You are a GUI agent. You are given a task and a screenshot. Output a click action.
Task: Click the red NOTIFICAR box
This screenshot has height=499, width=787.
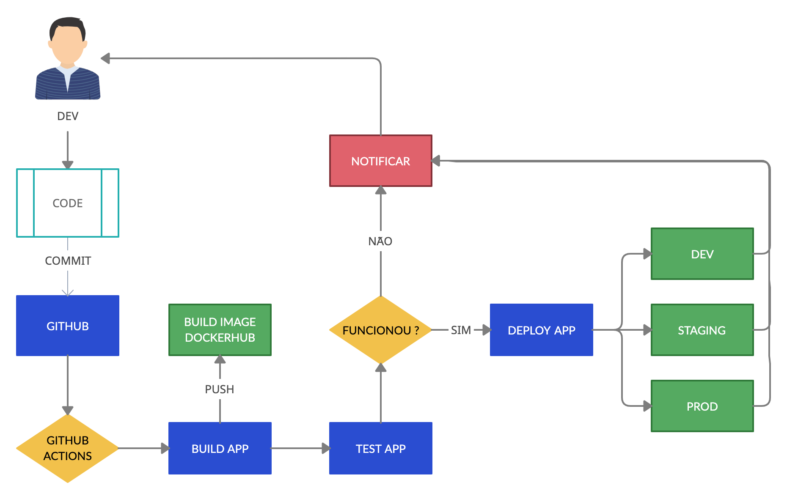380,161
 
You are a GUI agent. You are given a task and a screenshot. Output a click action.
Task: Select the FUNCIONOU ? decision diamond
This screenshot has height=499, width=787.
380,330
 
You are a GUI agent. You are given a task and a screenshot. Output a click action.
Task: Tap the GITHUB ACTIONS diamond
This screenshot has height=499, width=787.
68,448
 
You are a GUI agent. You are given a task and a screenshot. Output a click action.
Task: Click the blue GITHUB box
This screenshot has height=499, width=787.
68,326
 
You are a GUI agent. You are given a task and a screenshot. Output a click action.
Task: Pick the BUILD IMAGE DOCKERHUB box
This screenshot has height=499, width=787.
220,330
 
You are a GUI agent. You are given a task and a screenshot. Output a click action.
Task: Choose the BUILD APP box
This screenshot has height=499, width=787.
220,448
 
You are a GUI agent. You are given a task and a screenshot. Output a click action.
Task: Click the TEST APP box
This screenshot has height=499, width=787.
380,448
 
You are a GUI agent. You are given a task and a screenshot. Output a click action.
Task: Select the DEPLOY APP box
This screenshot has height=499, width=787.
541,330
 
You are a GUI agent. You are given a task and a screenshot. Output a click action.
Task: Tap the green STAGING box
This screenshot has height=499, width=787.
702,330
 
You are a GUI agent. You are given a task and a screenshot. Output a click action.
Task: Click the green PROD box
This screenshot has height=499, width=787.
702,406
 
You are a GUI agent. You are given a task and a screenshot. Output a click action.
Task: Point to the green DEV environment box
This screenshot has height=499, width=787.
702,254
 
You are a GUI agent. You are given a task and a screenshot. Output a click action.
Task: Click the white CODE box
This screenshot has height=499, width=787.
68,203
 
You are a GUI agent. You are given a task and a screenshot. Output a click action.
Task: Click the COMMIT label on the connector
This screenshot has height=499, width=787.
68,260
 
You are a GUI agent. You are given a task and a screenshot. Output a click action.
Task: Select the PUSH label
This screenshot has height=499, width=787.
219,389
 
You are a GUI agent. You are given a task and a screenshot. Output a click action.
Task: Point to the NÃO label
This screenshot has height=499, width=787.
380,241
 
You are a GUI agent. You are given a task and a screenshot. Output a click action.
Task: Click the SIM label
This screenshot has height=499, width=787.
461,330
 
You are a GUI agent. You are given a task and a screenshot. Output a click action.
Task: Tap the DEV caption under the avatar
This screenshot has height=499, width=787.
68,116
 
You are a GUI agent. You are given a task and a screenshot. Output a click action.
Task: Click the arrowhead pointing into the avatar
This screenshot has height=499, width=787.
106,58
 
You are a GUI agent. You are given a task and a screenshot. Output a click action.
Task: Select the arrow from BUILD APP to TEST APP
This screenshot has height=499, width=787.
300,448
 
